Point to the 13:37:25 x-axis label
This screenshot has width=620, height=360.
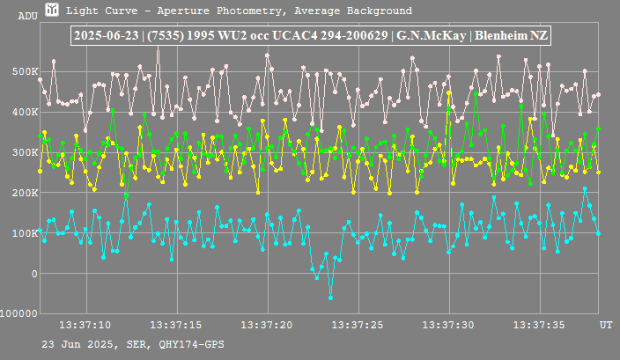[x=360, y=325]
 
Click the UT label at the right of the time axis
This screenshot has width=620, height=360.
[x=606, y=325]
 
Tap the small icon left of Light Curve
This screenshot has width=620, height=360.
[x=53, y=11]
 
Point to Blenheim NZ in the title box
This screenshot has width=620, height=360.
[x=512, y=36]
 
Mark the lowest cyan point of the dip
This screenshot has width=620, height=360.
[x=330, y=298]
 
